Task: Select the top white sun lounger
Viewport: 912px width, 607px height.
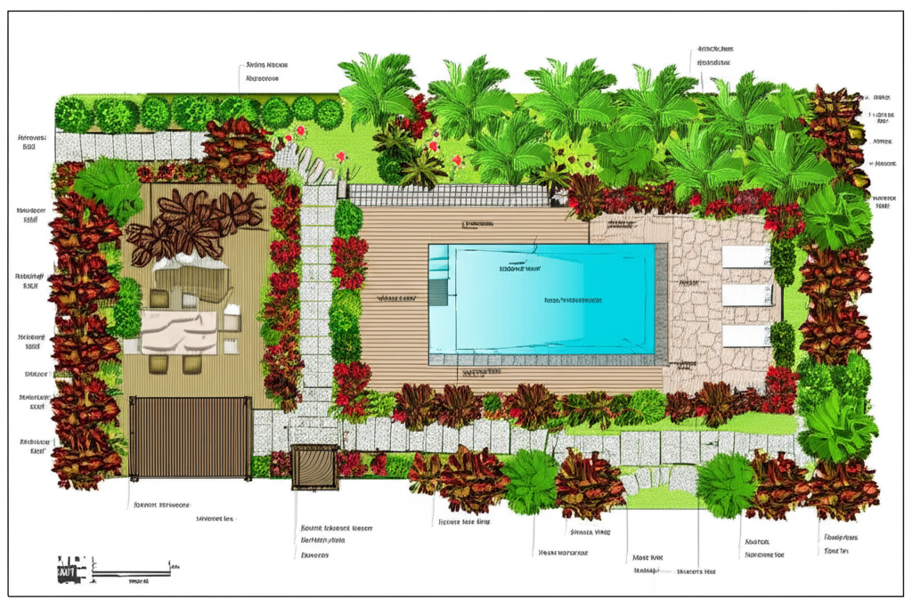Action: (x=746, y=256)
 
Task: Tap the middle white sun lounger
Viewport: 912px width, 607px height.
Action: (x=746, y=295)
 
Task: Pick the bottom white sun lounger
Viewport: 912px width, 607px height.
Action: (x=746, y=336)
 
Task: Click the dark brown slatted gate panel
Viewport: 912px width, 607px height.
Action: (x=190, y=437)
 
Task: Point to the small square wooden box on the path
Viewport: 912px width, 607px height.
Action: (x=314, y=465)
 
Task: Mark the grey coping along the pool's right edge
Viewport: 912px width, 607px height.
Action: (x=661, y=298)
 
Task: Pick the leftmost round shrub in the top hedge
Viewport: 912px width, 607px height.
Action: (x=72, y=115)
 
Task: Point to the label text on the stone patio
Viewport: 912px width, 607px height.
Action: (x=687, y=282)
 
